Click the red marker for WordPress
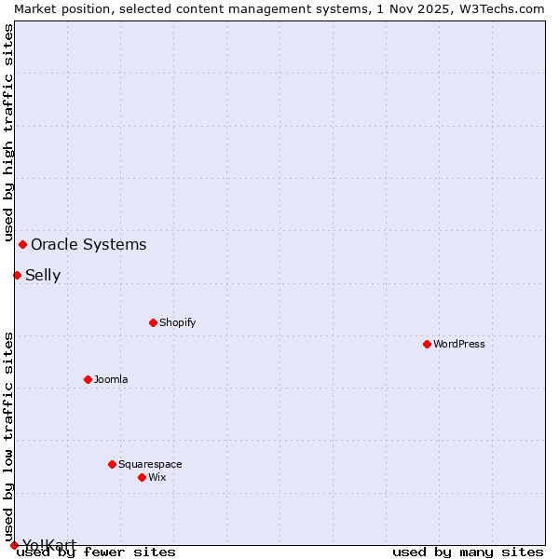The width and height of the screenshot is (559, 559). pos(427,344)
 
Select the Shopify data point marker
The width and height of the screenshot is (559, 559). pos(153,322)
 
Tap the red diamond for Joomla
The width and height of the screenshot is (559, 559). pos(88,379)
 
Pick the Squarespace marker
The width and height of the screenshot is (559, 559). pos(112,464)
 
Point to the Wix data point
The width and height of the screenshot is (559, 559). pos(142,477)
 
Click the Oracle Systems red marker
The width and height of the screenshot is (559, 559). pos(22,244)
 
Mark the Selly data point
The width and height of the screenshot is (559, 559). pos(17,275)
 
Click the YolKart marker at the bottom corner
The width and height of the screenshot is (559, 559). pos(14,545)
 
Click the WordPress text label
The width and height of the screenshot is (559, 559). pos(458,344)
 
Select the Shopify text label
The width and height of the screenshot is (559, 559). pos(177,322)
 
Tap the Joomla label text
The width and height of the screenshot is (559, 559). pos(111,379)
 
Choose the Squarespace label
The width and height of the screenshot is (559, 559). pos(150,464)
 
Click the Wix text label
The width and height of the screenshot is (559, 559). pos(157,477)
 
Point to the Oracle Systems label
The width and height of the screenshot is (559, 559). pos(89,244)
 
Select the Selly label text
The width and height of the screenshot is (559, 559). pos(43,275)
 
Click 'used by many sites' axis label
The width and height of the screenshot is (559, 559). pos(468,552)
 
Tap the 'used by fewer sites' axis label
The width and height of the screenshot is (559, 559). pos(97,552)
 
